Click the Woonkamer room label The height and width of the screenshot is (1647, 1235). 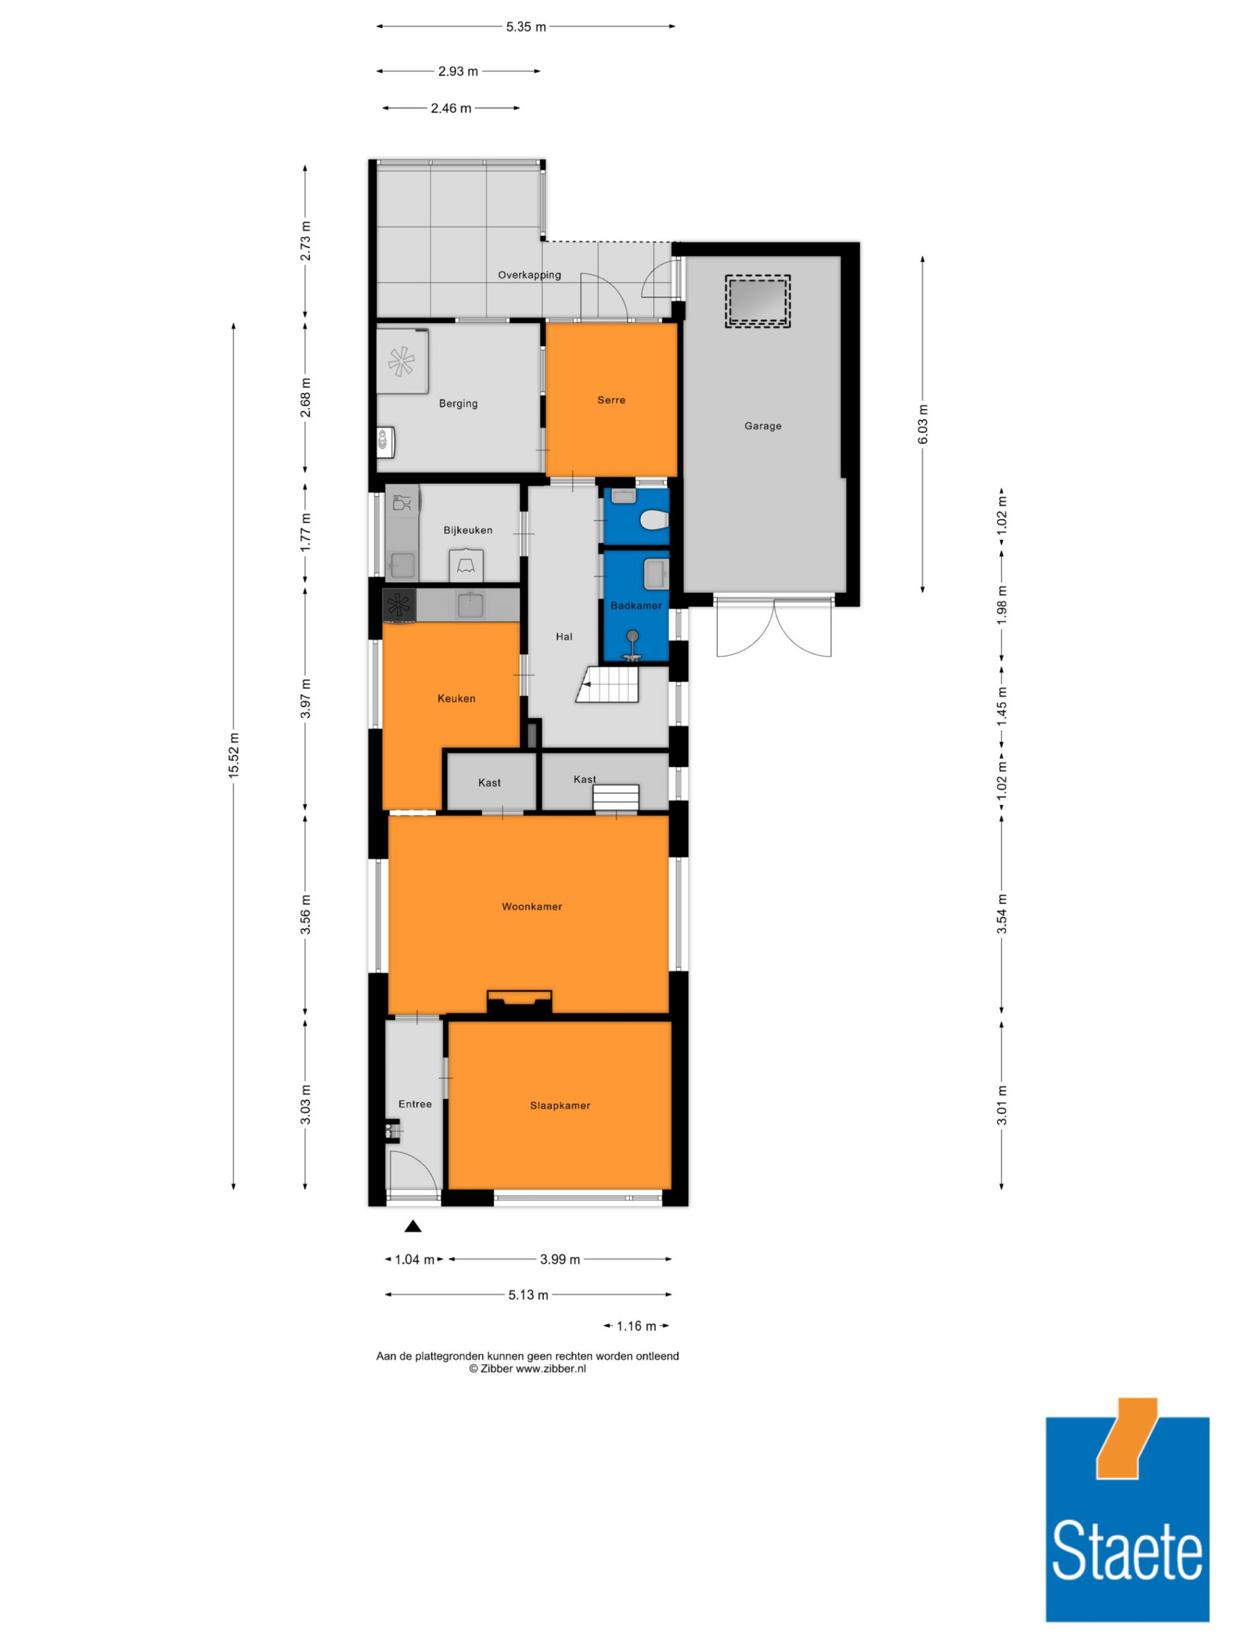[532, 906]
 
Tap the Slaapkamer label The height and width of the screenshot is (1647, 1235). [560, 1105]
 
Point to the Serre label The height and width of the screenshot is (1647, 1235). [611, 400]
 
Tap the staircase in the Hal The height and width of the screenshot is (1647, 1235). [608, 684]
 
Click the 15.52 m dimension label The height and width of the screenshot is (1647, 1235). [234, 755]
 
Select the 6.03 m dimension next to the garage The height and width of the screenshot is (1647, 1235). [923, 424]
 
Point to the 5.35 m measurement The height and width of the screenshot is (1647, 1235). [525, 27]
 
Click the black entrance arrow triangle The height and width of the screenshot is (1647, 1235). [412, 1226]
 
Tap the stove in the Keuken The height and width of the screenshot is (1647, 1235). [400, 606]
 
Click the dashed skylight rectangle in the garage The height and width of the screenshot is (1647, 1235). [758, 301]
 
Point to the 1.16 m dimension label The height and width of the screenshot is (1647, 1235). [637, 1326]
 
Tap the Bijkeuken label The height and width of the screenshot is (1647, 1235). [467, 530]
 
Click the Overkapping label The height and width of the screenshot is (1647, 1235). [529, 275]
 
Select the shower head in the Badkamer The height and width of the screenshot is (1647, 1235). [632, 636]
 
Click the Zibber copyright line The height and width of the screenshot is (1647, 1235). [527, 1368]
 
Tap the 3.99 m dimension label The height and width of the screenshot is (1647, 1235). [560, 1259]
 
